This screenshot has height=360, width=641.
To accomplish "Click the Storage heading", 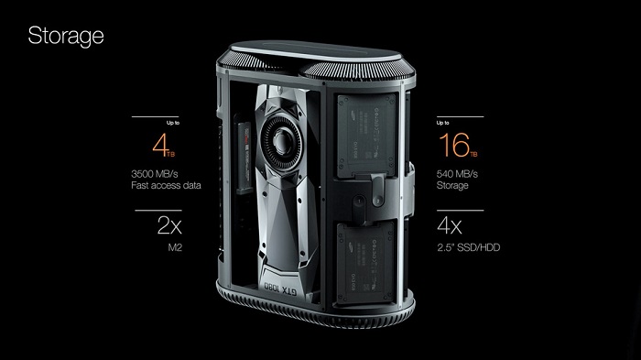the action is pyautogui.click(x=66, y=37).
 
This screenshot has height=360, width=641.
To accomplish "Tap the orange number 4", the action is pyautogui.click(x=160, y=145).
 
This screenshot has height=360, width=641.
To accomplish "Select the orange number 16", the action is pyautogui.click(x=454, y=145).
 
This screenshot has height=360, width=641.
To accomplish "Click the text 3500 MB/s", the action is pyautogui.click(x=155, y=174).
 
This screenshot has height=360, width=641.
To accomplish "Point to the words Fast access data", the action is pyautogui.click(x=166, y=185).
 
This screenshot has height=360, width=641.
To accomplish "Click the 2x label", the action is pyautogui.click(x=169, y=225).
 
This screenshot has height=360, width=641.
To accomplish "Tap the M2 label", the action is pyautogui.click(x=175, y=247).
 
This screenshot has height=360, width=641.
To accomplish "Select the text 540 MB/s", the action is pyautogui.click(x=457, y=174).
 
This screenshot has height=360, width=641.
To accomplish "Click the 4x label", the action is pyautogui.click(x=450, y=225).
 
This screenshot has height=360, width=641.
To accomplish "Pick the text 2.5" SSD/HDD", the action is pyautogui.click(x=469, y=247).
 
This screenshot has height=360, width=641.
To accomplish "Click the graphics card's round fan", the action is pyautogui.click(x=281, y=141).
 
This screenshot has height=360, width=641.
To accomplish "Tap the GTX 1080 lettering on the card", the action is pyautogui.click(x=281, y=288).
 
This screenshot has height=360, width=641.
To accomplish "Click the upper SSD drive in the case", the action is pyautogui.click(x=366, y=134).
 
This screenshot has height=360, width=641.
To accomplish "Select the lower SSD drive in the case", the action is pyautogui.click(x=365, y=262).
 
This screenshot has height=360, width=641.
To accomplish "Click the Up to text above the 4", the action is pyautogui.click(x=173, y=123).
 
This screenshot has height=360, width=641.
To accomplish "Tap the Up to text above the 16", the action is pyautogui.click(x=442, y=123).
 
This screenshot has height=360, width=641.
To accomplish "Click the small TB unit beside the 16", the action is pyautogui.click(x=473, y=154).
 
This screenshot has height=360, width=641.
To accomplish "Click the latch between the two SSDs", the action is pyautogui.click(x=377, y=191).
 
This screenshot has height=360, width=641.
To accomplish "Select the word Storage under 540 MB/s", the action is pyautogui.click(x=452, y=186).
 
